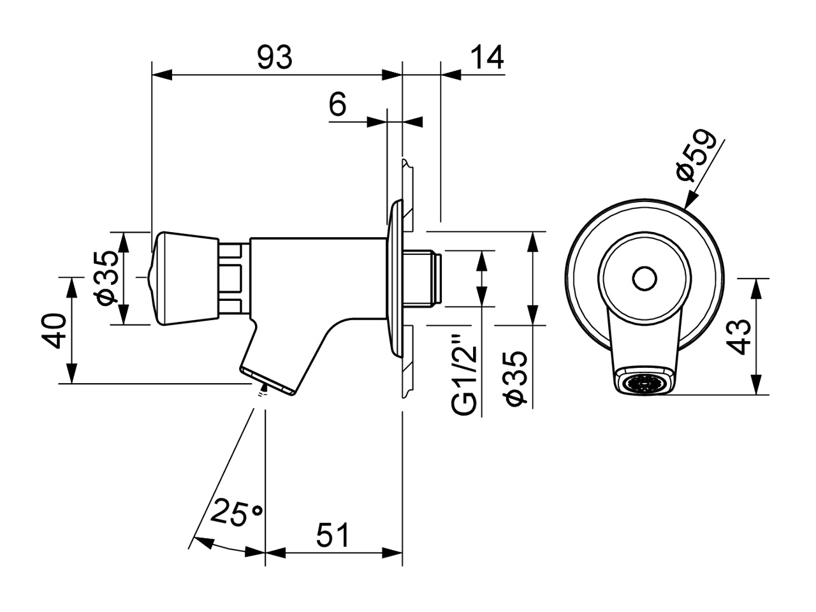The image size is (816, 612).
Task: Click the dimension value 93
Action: click(275, 57)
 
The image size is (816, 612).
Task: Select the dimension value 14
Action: click(487, 57)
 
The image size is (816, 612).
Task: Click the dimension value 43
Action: click(739, 337)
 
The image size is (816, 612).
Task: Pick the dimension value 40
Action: click(54, 331)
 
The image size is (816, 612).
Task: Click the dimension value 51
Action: click(333, 535)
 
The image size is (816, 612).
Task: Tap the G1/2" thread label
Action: click(464, 375)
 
